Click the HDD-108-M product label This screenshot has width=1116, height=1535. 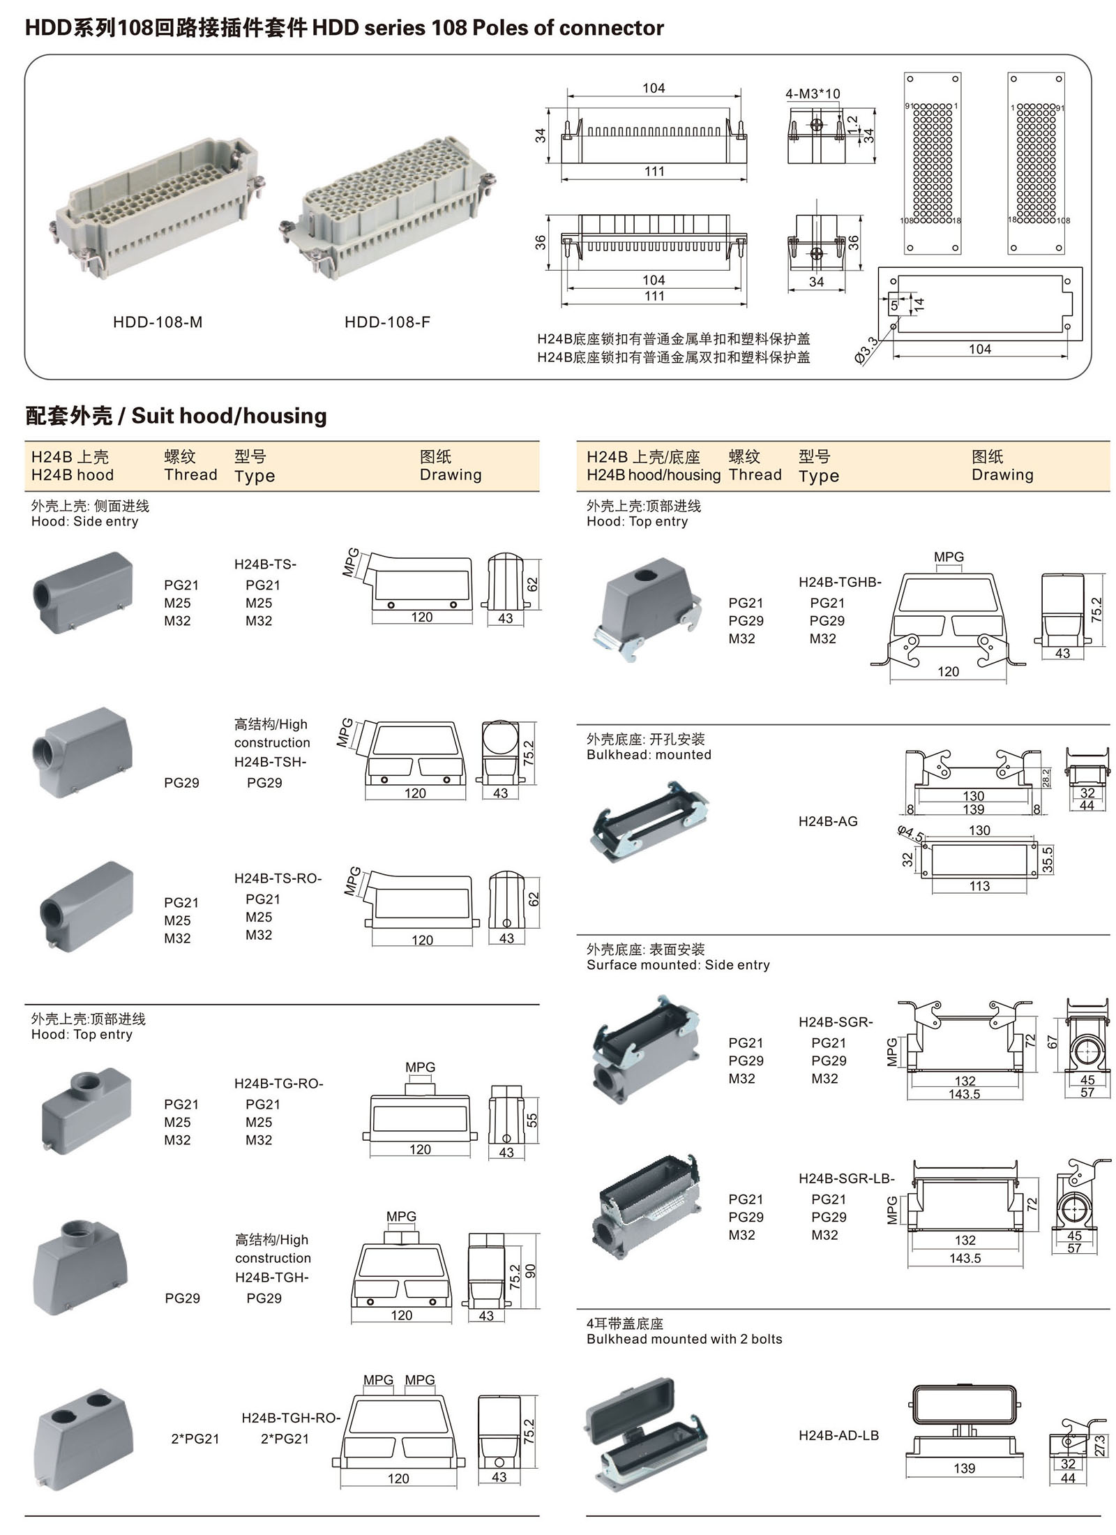tap(158, 322)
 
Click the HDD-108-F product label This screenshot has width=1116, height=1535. tap(387, 322)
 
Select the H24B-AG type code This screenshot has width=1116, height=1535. tap(827, 822)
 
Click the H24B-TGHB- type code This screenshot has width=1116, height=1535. tap(840, 583)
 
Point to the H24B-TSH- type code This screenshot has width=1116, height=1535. tap(270, 763)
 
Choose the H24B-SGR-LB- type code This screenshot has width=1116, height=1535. tap(846, 1179)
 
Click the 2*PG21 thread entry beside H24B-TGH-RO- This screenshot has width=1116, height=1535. tap(195, 1439)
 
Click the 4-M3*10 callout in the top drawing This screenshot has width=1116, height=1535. tap(813, 93)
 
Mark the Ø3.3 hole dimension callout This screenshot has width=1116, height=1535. tap(866, 350)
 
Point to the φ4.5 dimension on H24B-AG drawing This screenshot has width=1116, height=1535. tap(910, 833)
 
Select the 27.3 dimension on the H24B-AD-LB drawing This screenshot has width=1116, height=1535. tap(1100, 1445)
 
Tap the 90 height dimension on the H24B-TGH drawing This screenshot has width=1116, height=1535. tap(531, 1271)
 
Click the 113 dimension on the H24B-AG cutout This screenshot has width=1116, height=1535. tap(979, 886)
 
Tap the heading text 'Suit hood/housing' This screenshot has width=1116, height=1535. tap(229, 416)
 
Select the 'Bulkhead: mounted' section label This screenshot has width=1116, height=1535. tap(649, 755)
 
